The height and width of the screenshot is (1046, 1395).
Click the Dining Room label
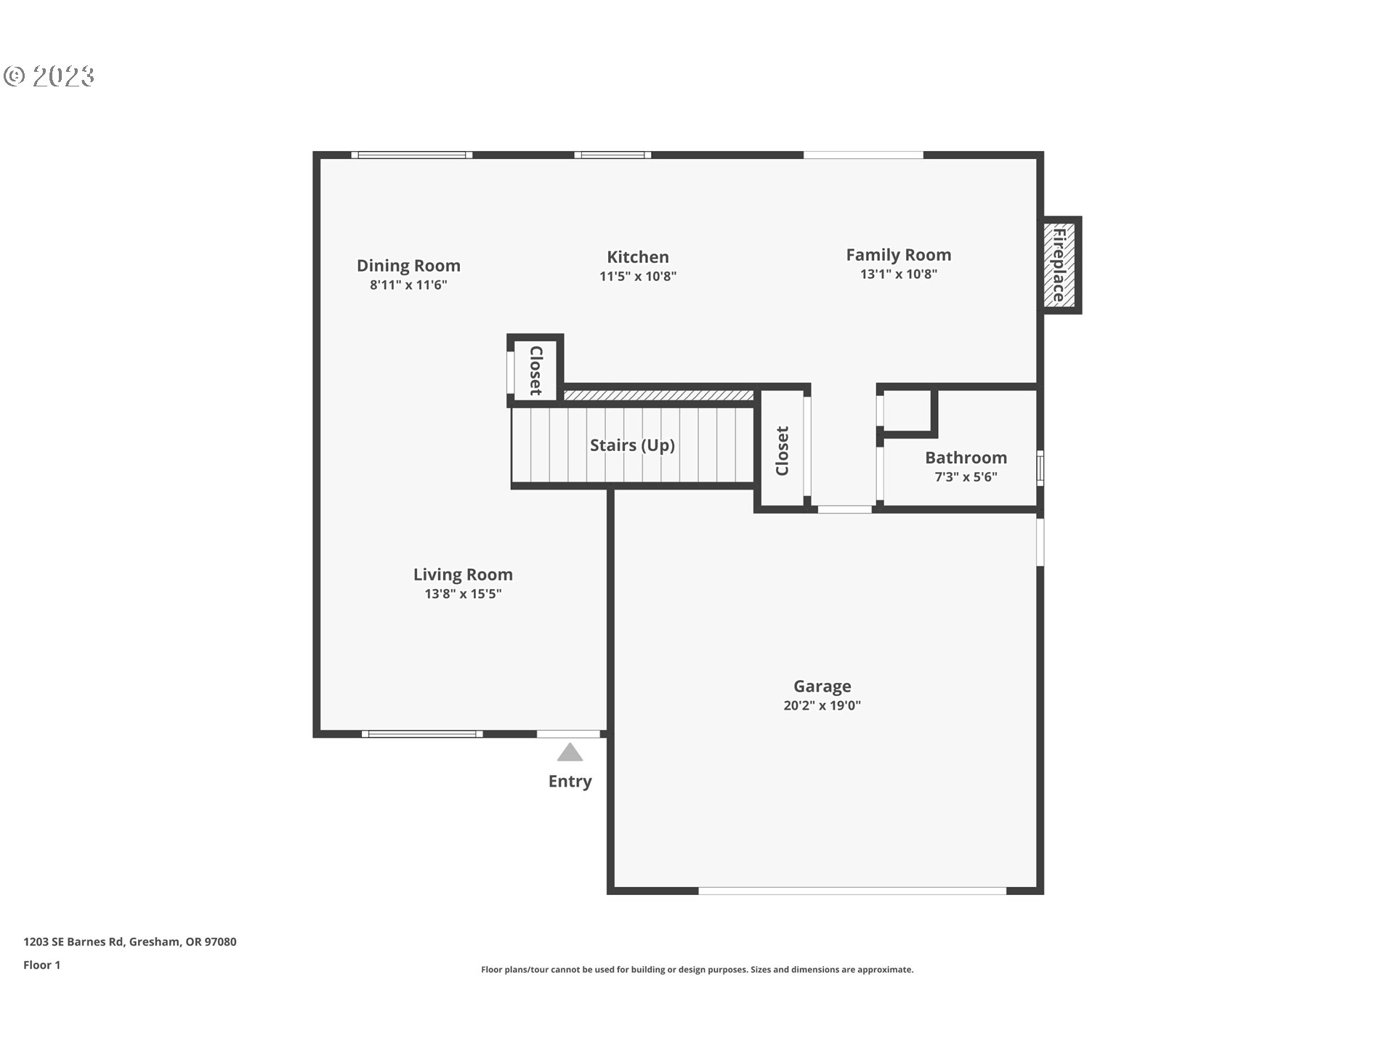[x=408, y=266]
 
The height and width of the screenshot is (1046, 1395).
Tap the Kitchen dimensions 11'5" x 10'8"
[x=637, y=277]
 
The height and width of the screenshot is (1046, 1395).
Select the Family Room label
[x=898, y=255]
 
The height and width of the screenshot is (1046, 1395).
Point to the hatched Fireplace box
[x=1059, y=265]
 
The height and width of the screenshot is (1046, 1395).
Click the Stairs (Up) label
[x=632, y=445]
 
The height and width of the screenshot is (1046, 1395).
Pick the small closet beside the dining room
[x=535, y=370]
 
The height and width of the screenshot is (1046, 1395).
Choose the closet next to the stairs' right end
[x=782, y=451]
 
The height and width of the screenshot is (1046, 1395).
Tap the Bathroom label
[x=966, y=458]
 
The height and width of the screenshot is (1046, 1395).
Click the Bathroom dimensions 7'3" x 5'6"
[x=966, y=477]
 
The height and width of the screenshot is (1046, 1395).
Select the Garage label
[x=822, y=686]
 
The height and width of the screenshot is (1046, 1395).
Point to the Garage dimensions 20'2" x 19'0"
[x=822, y=705]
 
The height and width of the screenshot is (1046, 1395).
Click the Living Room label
[x=463, y=575]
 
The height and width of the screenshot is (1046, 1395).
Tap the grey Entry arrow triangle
[x=570, y=753]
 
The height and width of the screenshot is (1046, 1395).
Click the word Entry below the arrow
[x=570, y=782]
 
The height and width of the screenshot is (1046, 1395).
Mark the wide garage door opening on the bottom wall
[x=852, y=890]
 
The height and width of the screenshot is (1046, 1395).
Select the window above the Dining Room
[x=412, y=155]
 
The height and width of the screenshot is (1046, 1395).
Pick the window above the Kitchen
[x=612, y=155]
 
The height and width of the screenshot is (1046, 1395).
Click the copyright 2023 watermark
[x=49, y=76]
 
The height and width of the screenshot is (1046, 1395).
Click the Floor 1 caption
[x=41, y=965]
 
